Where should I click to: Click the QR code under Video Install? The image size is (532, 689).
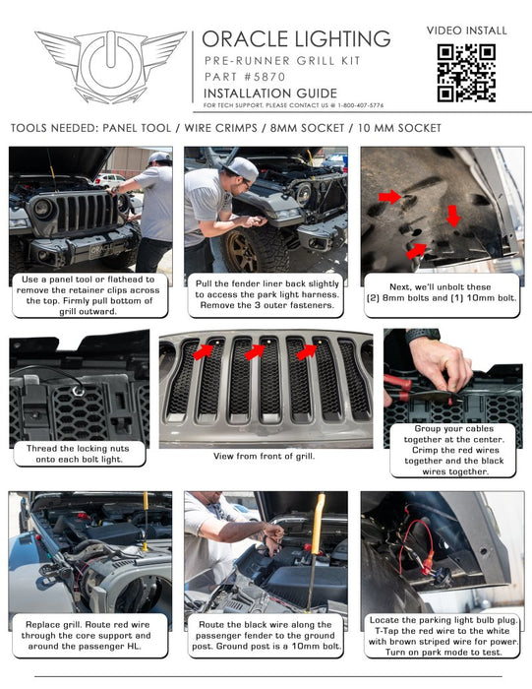467,73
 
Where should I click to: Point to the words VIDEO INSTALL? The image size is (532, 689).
467,31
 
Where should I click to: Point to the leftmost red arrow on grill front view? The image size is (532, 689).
206,351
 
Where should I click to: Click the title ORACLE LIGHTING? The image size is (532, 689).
296,38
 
